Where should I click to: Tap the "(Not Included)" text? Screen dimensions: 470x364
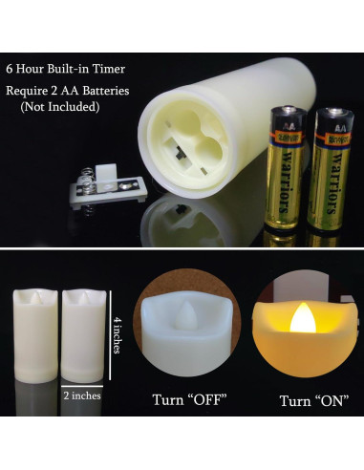60,106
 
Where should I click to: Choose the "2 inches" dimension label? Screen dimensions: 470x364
81,394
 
